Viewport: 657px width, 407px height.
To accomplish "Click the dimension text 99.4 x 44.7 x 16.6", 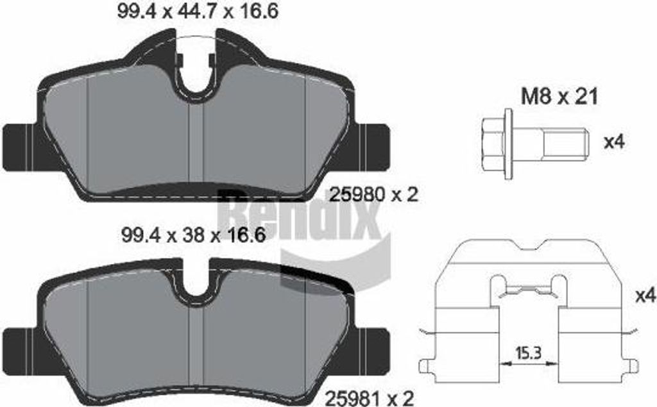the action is point(198,12).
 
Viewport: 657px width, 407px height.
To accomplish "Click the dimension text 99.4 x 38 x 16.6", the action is point(194,235).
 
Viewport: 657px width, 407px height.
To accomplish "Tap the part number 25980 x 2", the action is point(374,194).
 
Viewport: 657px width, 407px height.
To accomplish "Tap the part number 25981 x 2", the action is point(370,397).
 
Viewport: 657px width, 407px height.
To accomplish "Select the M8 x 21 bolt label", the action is point(559,97).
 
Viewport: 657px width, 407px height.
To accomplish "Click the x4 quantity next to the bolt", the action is point(614,142).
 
